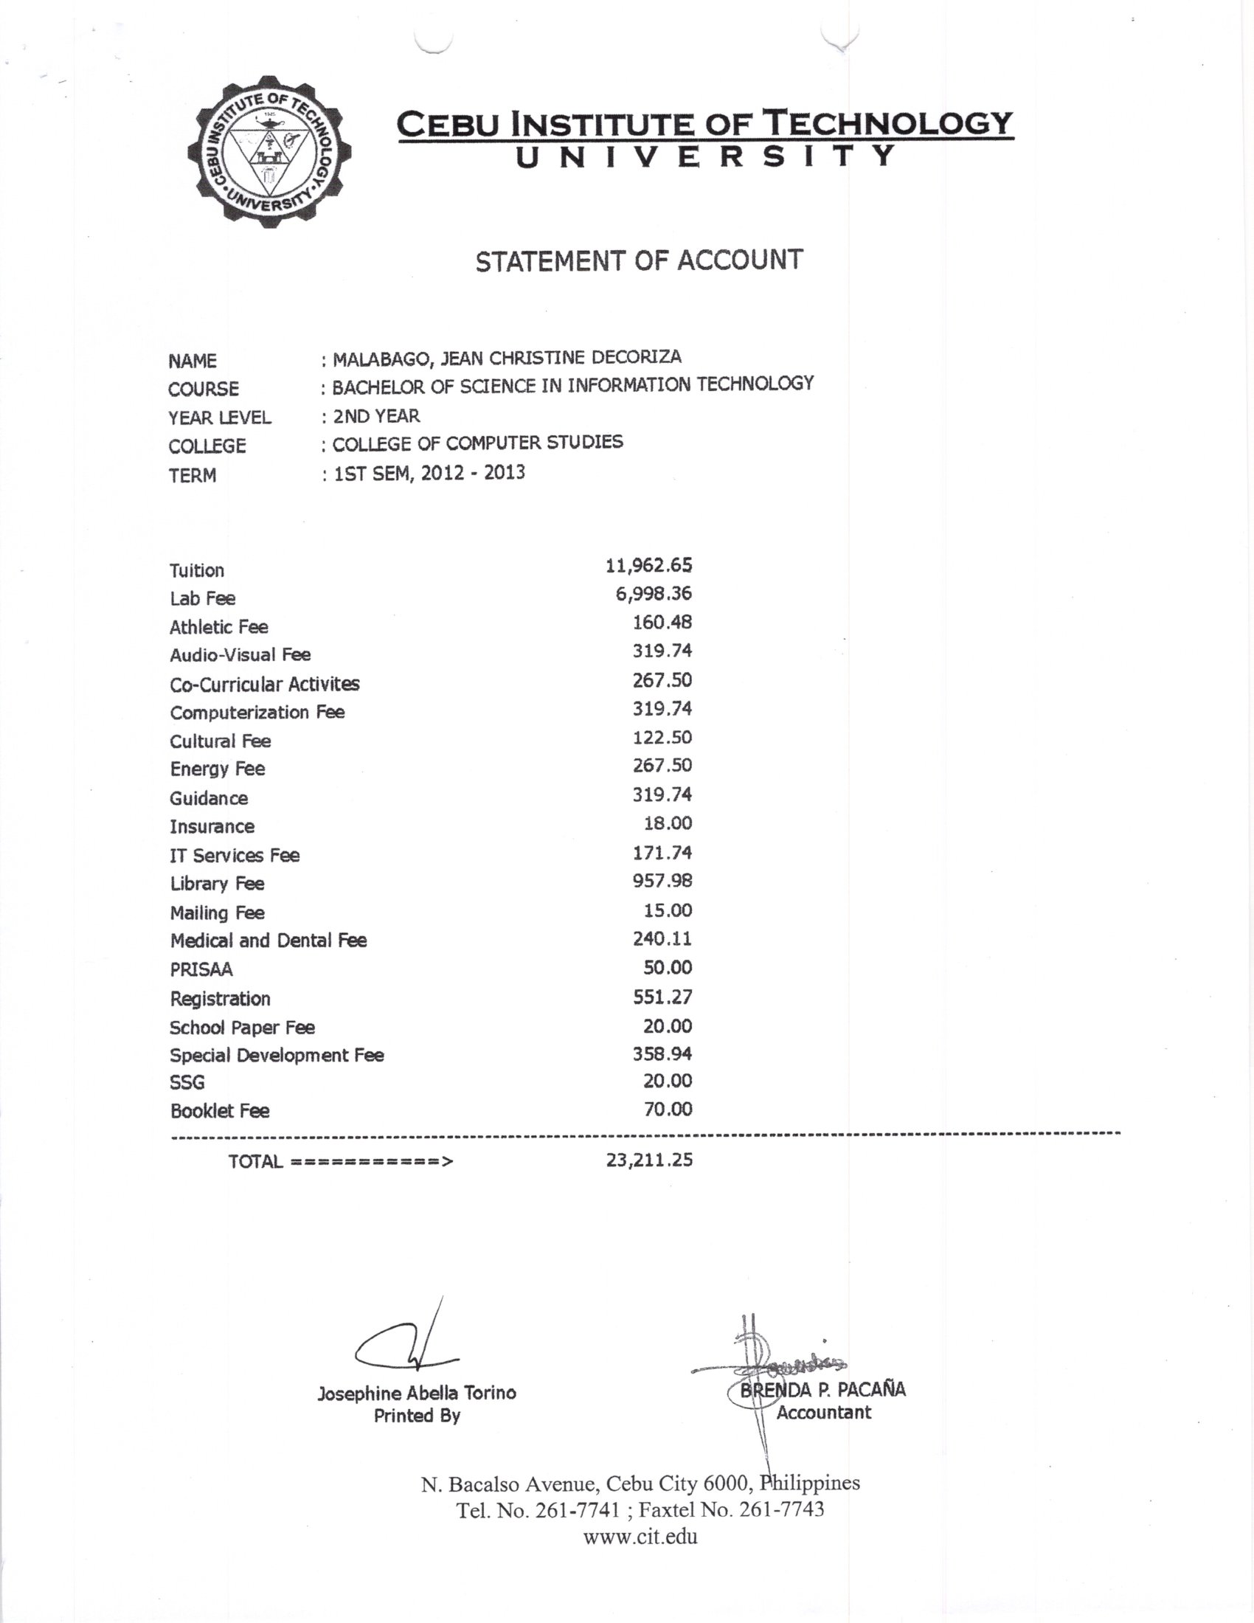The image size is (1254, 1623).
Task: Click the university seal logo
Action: [269, 151]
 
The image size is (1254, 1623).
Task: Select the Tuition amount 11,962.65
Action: [648, 566]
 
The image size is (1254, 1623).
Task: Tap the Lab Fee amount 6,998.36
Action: [653, 594]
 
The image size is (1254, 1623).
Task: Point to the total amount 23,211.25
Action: [648, 1159]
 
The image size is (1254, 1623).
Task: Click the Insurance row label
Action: [212, 826]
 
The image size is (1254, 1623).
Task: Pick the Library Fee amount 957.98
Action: [662, 881]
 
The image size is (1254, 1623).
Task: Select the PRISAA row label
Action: [201, 969]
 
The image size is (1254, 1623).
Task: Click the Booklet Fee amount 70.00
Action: [667, 1110]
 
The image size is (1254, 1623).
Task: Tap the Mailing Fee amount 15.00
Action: [667, 910]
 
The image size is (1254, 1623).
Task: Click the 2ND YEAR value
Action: [376, 416]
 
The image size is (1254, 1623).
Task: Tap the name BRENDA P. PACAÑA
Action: [823, 1389]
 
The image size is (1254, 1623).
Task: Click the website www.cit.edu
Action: [640, 1537]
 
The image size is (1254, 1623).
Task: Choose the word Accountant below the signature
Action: [823, 1413]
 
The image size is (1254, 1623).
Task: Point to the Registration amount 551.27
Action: [662, 997]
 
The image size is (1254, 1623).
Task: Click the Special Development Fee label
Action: [277, 1055]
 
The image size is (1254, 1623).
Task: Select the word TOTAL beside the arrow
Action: [254, 1161]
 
